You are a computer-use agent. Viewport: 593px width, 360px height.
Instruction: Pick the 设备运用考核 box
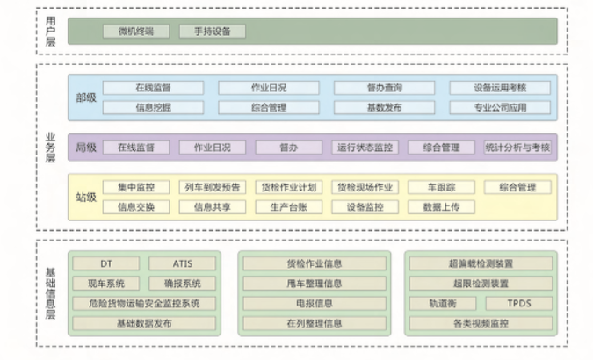(500, 88)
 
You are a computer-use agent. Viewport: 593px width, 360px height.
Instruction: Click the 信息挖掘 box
(153, 107)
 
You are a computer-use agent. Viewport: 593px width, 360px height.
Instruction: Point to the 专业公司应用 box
(500, 107)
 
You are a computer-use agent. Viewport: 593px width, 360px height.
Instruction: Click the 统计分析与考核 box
(517, 148)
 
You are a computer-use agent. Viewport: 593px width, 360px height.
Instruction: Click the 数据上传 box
(441, 207)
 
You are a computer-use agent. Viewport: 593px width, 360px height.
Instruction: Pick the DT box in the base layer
(107, 263)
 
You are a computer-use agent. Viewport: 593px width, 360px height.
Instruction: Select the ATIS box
(182, 263)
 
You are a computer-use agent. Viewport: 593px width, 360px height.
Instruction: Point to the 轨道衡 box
(443, 304)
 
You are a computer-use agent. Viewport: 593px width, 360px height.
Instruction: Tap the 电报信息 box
(315, 304)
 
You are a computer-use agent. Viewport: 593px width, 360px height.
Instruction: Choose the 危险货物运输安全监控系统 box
(144, 304)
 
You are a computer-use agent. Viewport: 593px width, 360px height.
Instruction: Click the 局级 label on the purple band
(86, 148)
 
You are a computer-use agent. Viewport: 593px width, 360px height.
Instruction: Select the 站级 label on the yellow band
(86, 197)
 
